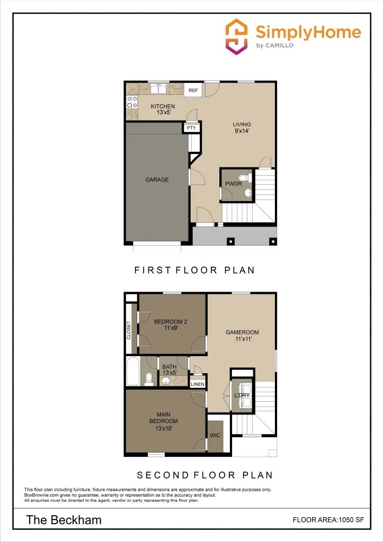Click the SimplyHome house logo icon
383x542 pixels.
(x=236, y=35)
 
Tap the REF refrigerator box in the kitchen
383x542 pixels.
(x=193, y=91)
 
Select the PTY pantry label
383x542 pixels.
(x=191, y=128)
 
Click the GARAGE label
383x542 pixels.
(x=157, y=180)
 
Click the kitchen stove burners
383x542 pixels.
(x=132, y=102)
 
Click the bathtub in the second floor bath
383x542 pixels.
(x=132, y=372)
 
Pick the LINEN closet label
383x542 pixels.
(x=197, y=384)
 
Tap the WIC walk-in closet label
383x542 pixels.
(x=215, y=435)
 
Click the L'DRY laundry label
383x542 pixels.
(x=242, y=395)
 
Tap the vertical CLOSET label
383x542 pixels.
(x=129, y=330)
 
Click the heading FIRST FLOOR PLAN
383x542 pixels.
(x=194, y=270)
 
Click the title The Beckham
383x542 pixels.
(x=64, y=520)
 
